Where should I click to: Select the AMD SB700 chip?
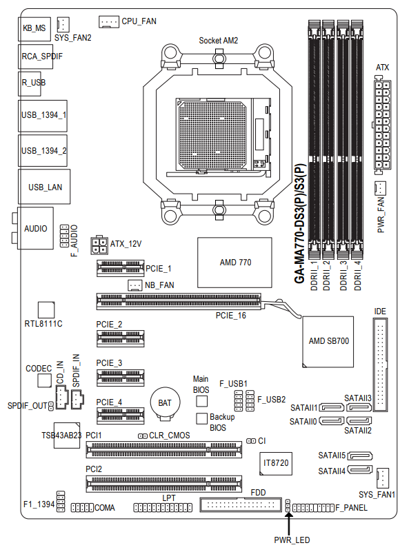(328, 341)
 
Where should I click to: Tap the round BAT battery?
(166, 402)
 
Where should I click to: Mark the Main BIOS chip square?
(201, 400)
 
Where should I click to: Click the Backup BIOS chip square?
(201, 418)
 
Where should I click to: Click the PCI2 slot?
(164, 482)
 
